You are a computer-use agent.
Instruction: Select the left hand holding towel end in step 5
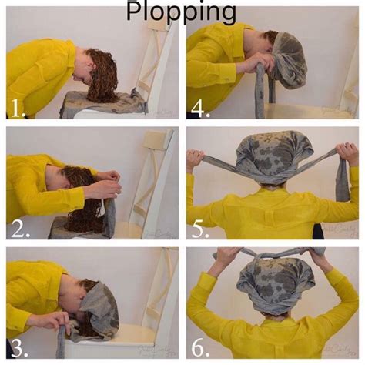pyautogui.click(x=196, y=159)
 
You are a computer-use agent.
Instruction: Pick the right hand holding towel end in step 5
pyautogui.click(x=348, y=154)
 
